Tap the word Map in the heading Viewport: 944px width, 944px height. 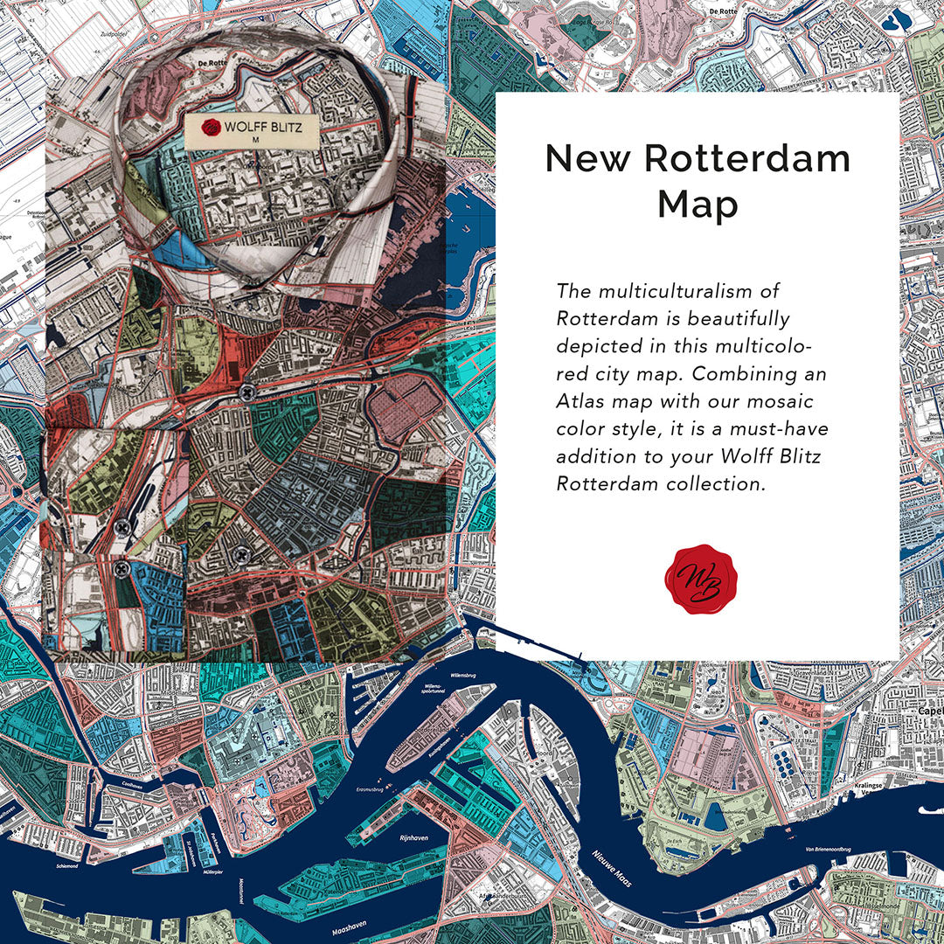pos(698,205)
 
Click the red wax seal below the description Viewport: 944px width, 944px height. pos(697,579)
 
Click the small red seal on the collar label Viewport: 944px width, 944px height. pos(210,127)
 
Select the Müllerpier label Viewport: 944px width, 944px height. pos(204,871)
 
